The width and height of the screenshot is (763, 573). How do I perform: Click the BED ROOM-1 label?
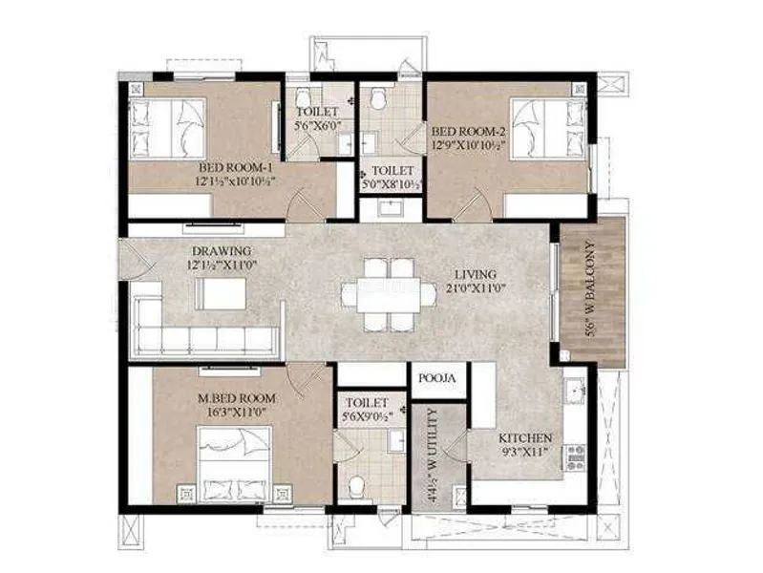[x=236, y=168]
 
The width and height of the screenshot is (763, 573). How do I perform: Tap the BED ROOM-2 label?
[x=469, y=132]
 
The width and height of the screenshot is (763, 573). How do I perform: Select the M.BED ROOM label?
[x=237, y=399]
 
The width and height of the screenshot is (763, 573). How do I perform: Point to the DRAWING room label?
[x=222, y=252]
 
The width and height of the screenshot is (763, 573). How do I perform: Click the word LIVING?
[x=476, y=275]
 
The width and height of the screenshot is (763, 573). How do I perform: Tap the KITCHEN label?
[x=525, y=438]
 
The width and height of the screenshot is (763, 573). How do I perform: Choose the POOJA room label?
[x=437, y=378]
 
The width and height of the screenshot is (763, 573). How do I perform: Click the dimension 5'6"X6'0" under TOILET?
[x=318, y=126]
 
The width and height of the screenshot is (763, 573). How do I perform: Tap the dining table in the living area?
[x=389, y=294]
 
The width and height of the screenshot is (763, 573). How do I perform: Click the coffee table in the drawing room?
[x=221, y=293]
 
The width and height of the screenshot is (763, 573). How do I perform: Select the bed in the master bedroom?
[x=236, y=463]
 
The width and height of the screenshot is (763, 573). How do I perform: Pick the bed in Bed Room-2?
[x=548, y=129]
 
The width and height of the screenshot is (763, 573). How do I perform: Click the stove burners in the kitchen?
[x=575, y=457]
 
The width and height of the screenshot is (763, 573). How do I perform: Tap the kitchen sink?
[x=575, y=391]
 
